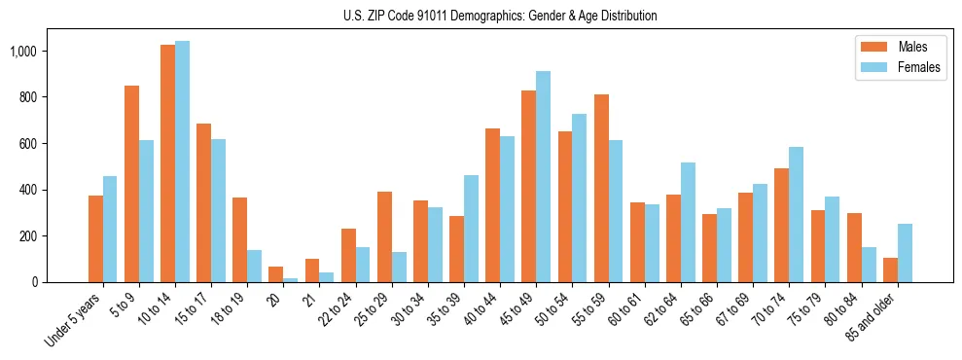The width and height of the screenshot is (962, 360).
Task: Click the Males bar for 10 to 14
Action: coord(168,163)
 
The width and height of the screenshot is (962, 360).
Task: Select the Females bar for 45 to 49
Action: coord(544,176)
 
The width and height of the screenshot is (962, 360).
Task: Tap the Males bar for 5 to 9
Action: coord(132,184)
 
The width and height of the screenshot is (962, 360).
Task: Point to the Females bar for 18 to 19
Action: coord(255,266)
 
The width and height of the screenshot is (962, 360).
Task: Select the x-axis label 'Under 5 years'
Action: coord(73,317)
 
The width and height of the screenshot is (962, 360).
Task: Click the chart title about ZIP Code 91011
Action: coord(500,16)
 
